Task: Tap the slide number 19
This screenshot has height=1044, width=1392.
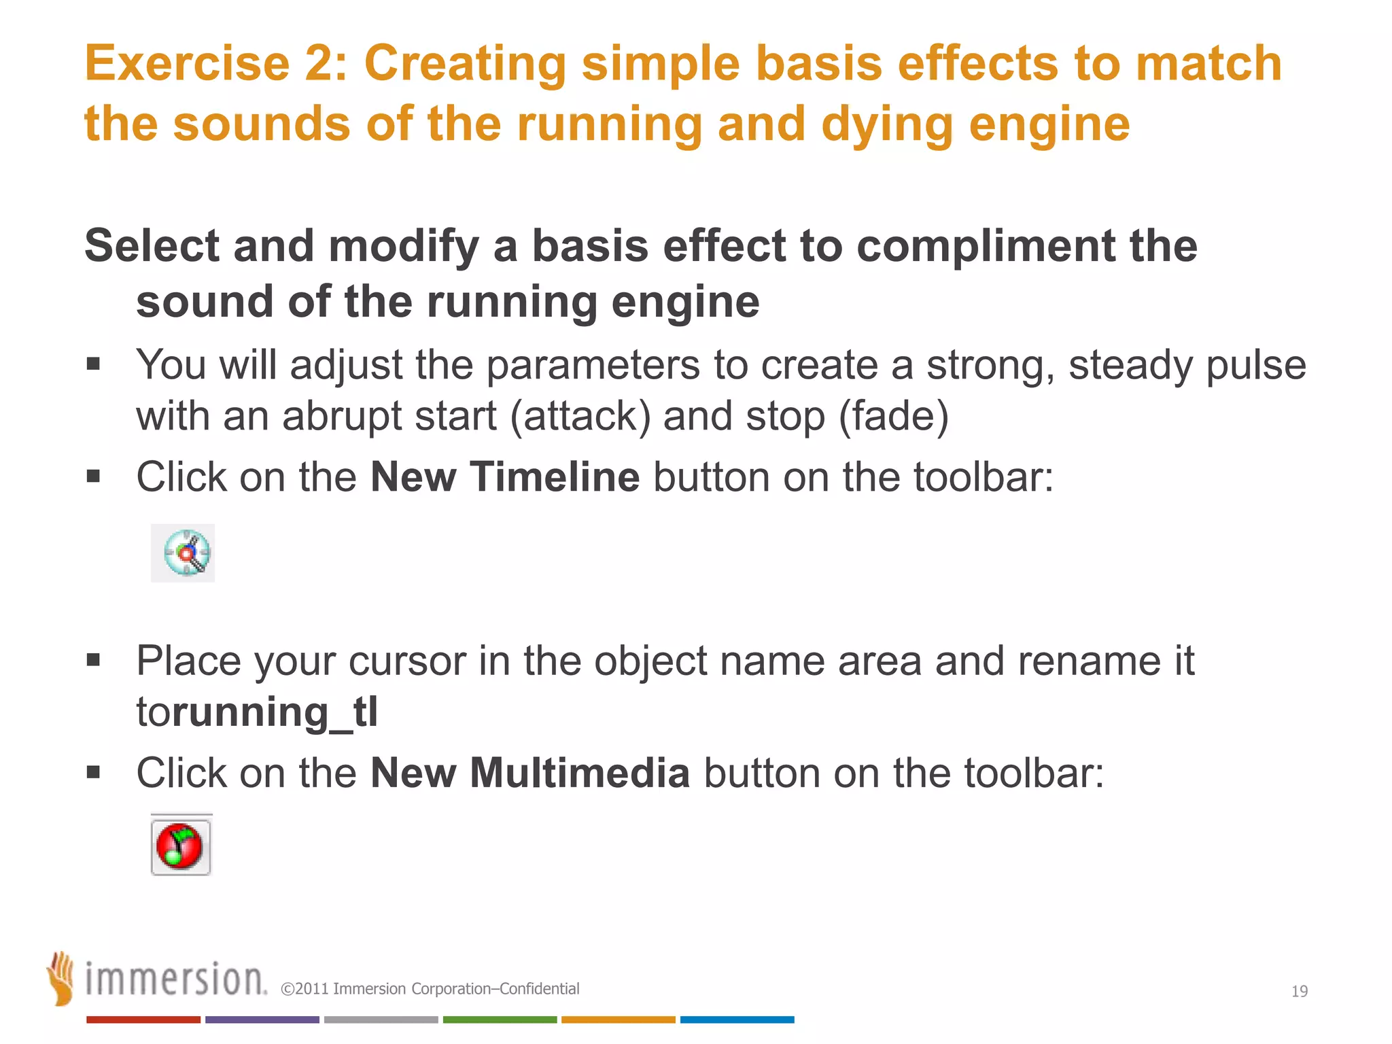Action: click(1299, 992)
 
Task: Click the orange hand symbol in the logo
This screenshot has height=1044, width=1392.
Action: click(61, 979)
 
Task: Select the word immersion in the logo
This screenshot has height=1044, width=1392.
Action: click(175, 980)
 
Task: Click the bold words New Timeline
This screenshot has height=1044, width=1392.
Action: click(504, 476)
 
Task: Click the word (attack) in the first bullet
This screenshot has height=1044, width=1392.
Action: click(580, 416)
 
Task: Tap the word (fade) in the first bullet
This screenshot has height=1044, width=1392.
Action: click(893, 416)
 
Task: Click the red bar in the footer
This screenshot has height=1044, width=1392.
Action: click(143, 1020)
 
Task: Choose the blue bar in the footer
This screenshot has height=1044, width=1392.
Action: click(737, 1020)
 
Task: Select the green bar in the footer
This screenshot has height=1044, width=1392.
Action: click(500, 1020)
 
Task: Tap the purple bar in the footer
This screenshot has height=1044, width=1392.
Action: click(262, 1020)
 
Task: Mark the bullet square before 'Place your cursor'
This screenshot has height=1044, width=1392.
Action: click(93, 659)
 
